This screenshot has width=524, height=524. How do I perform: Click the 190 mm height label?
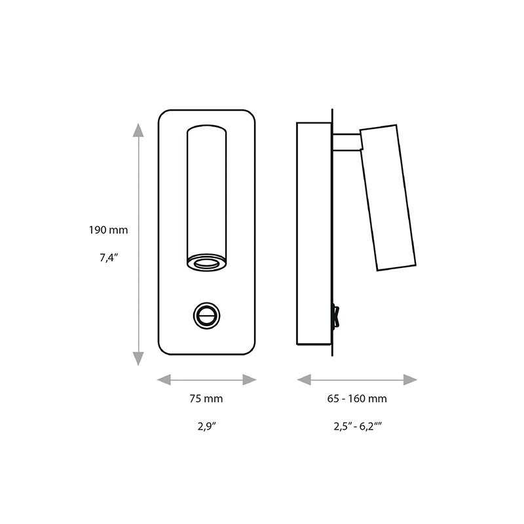click(x=109, y=231)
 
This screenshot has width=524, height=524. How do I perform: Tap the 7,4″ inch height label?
click(x=109, y=257)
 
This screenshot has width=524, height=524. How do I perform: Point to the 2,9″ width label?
click(x=207, y=426)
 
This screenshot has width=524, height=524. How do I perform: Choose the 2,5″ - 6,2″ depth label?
click(x=357, y=426)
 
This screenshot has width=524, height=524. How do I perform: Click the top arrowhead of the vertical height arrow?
click(x=138, y=129)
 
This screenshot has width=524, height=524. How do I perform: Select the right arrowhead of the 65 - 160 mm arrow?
click(x=411, y=379)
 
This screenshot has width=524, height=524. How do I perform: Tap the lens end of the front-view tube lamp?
click(x=207, y=263)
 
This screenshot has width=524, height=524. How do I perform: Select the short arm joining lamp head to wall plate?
click(x=345, y=141)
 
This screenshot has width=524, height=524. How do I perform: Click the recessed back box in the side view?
click(x=314, y=232)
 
